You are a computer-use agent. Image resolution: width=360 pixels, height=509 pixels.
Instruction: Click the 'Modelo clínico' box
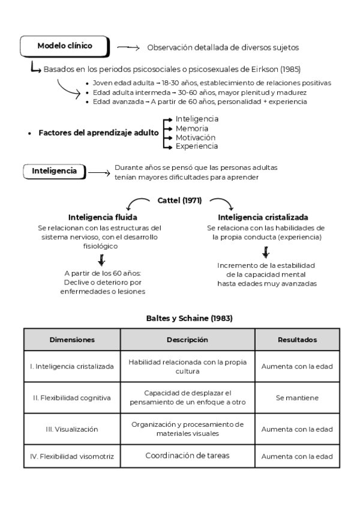click(x=65, y=46)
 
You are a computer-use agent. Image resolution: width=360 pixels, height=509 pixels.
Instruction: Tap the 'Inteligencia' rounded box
click(x=54, y=171)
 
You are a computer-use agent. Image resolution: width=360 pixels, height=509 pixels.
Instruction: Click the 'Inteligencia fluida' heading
click(x=103, y=217)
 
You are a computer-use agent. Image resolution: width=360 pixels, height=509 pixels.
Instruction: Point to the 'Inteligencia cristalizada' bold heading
click(x=263, y=217)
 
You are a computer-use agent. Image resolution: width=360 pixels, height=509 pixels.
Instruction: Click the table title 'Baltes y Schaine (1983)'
click(x=181, y=318)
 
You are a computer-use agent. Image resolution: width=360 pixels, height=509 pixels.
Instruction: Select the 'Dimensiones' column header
click(x=72, y=339)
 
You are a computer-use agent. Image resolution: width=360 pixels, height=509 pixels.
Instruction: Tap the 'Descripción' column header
click(x=187, y=339)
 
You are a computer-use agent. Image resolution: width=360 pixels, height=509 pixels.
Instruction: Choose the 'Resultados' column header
click(x=297, y=339)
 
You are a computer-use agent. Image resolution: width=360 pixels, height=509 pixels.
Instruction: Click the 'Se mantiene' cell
click(x=297, y=397)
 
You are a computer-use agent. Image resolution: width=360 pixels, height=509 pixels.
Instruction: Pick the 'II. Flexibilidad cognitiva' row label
click(x=72, y=397)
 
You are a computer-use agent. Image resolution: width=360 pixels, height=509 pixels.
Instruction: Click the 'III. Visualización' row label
click(x=72, y=429)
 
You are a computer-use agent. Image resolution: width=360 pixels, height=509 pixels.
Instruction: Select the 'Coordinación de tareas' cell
click(x=187, y=456)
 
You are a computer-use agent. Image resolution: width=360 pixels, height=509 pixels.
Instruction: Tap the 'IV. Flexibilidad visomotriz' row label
click(x=72, y=456)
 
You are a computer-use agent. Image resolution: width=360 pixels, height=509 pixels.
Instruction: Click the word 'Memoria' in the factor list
click(x=192, y=128)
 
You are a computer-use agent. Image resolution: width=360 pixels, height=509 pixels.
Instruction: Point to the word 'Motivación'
click(x=196, y=137)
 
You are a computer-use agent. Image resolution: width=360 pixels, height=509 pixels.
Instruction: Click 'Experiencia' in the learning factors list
click(x=197, y=146)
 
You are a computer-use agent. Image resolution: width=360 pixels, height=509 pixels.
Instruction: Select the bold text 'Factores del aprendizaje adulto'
click(x=98, y=133)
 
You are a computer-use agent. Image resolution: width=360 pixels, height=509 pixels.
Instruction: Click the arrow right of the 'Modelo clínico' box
click(x=128, y=47)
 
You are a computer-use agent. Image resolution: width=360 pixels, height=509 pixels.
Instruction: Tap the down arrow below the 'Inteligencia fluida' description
click(x=102, y=259)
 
